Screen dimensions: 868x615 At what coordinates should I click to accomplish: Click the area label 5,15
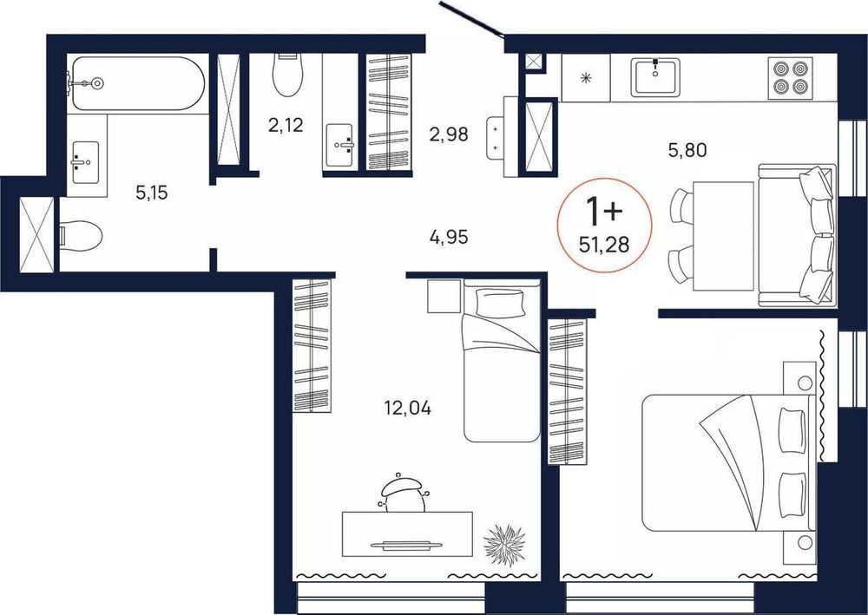pyautogui.click(x=151, y=193)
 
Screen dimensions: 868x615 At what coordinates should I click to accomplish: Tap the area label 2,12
pyautogui.click(x=286, y=126)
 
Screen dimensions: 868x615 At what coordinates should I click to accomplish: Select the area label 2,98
pyautogui.click(x=449, y=134)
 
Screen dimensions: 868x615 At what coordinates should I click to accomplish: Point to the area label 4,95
pyautogui.click(x=449, y=238)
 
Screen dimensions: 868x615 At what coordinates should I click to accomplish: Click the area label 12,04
pyautogui.click(x=407, y=409)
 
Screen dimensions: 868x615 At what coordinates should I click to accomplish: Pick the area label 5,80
pyautogui.click(x=687, y=150)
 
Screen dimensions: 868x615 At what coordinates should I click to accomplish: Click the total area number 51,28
pyautogui.click(x=604, y=244)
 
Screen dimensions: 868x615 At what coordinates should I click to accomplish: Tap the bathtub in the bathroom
pyautogui.click(x=138, y=83)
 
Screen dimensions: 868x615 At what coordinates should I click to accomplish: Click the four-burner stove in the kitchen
pyautogui.click(x=789, y=77)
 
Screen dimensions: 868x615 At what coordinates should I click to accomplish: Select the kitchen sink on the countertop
pyautogui.click(x=655, y=77)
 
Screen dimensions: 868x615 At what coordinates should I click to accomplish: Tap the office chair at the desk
pyautogui.click(x=403, y=492)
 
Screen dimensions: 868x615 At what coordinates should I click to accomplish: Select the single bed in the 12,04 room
pyautogui.click(x=502, y=360)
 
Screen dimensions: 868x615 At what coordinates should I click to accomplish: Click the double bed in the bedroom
pyautogui.click(x=728, y=461)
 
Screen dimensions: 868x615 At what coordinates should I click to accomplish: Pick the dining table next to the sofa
pyautogui.click(x=724, y=236)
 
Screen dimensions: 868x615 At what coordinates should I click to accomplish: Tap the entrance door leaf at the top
pyautogui.click(x=471, y=18)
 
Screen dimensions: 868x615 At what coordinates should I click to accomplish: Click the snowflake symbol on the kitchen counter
pyautogui.click(x=585, y=77)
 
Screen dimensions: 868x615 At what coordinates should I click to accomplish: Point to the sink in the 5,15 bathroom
pyautogui.click(x=85, y=162)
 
